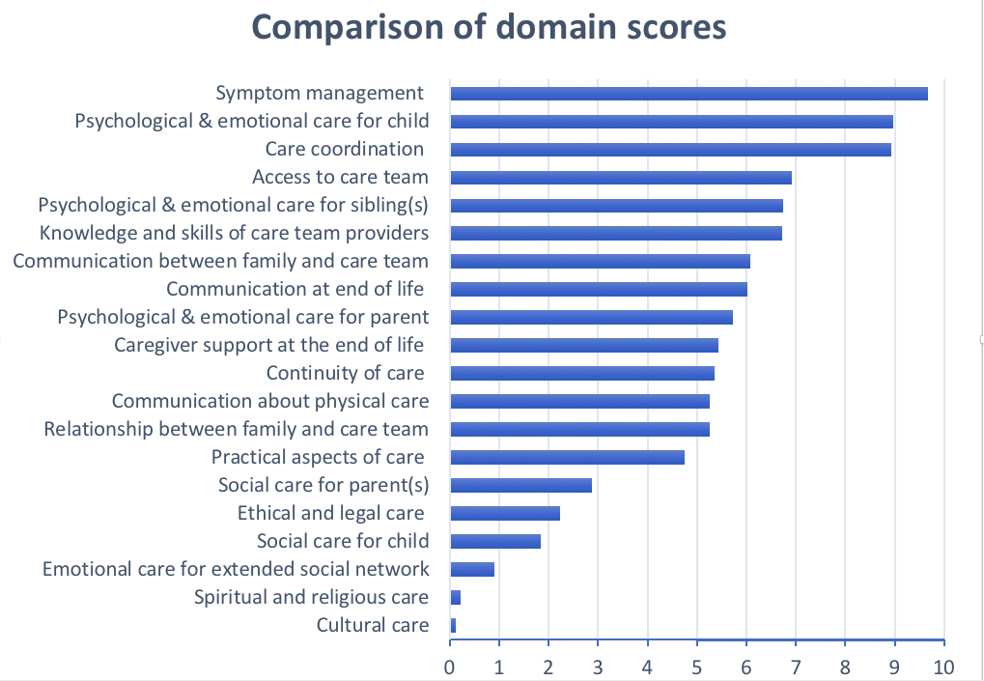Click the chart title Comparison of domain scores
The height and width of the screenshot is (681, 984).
[x=489, y=27]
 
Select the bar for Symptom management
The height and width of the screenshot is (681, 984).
[x=689, y=94]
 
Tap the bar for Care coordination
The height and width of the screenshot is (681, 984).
[x=670, y=150]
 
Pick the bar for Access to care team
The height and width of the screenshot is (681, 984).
[x=621, y=178]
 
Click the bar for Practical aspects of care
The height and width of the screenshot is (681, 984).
[x=567, y=457]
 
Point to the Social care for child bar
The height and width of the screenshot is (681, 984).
[x=495, y=541]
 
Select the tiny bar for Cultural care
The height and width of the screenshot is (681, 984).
[x=453, y=625]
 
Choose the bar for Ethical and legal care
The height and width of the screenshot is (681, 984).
[x=505, y=513]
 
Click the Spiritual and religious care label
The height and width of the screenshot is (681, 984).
[x=311, y=597]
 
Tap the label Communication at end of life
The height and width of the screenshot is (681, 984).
[x=295, y=289]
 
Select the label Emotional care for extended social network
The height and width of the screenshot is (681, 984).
[x=236, y=569]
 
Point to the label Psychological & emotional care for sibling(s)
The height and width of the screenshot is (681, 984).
[x=233, y=205]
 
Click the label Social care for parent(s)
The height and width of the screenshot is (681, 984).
[x=323, y=485]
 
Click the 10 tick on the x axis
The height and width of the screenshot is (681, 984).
[x=943, y=667]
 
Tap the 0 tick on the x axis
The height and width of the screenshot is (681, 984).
[x=450, y=667]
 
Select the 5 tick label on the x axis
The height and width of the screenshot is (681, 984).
[x=697, y=667]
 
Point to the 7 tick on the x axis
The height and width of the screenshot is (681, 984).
[x=796, y=667]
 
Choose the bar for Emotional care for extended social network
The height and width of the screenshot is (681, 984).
[x=472, y=569]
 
